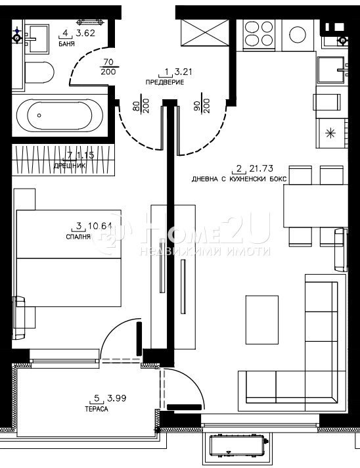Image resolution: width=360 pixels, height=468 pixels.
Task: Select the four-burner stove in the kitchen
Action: [258, 33]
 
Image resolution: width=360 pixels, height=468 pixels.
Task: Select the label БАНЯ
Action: [66, 44]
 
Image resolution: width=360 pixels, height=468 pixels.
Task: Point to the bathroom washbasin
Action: [37, 34]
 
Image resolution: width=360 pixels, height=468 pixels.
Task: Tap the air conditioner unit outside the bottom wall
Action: [238, 446]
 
